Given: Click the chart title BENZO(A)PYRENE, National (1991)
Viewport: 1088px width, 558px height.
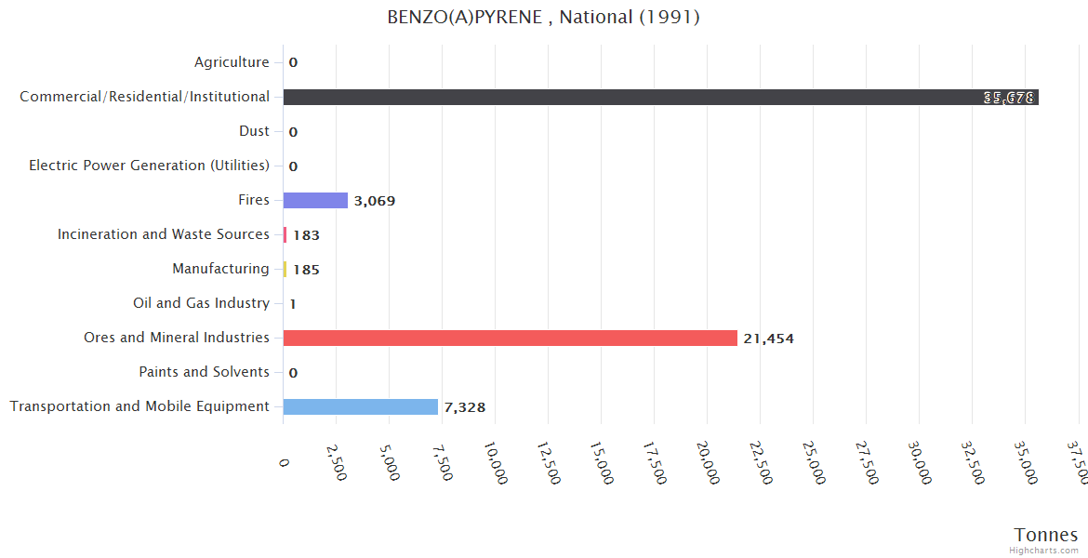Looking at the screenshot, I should [543, 17].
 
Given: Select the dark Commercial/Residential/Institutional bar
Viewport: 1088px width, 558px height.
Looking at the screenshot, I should [660, 97].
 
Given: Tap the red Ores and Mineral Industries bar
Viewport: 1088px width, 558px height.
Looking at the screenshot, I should [510, 338].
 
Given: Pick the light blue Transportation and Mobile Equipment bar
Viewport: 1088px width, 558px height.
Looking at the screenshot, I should [360, 406].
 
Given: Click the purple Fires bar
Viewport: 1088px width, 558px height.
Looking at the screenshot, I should [315, 200].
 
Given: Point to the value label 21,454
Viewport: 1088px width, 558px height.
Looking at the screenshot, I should [768, 339].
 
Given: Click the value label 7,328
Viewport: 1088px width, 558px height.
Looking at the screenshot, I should [464, 407].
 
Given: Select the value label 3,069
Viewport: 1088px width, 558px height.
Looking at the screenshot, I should [375, 201].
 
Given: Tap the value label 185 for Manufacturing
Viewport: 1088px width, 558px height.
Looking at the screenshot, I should [306, 270].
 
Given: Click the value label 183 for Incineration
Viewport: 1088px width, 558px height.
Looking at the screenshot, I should [306, 235].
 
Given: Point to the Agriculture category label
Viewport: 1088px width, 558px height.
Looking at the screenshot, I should [232, 62].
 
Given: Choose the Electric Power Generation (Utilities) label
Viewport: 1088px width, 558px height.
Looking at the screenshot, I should [149, 166].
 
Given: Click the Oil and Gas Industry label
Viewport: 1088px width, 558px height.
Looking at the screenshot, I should [201, 303].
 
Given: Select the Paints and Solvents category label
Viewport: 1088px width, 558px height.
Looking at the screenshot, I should [204, 372].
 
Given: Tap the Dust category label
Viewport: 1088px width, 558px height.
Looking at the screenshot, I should [254, 131].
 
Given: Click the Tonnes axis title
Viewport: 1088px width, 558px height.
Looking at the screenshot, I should [1045, 534].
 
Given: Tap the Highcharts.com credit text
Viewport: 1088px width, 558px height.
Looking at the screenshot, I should [1044, 550].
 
